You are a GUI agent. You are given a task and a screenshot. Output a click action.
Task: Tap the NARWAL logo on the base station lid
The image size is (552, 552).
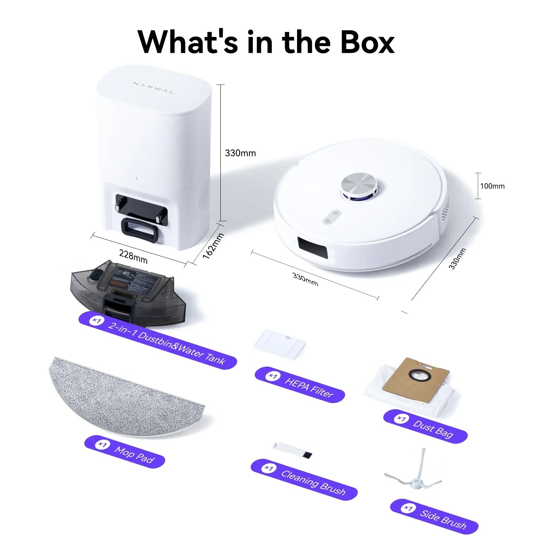154,88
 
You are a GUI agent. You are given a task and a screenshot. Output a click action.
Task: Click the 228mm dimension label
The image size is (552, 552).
133,256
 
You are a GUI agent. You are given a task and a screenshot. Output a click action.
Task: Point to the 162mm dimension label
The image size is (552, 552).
213,246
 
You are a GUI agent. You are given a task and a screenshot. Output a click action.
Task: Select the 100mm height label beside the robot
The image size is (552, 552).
492,186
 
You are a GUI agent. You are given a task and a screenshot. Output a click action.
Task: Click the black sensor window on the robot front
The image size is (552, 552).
313,247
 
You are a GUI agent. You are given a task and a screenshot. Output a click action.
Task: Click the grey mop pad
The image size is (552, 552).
128,397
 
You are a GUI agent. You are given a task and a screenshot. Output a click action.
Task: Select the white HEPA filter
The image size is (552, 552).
280,343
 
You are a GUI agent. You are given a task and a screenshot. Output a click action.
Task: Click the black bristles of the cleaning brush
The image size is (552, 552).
307,455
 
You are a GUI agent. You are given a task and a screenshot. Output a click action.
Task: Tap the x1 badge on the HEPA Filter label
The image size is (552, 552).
273,376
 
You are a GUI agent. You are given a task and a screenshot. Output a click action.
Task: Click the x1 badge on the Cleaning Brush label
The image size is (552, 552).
268,468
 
